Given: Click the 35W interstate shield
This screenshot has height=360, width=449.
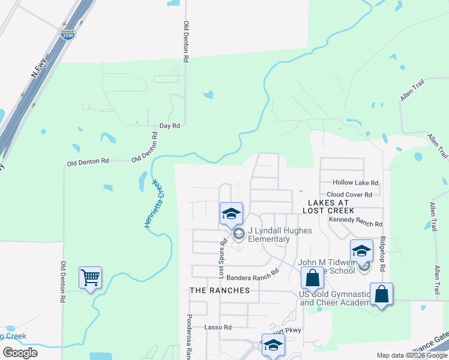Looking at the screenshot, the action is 68,35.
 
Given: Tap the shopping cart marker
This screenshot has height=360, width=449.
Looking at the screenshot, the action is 90,278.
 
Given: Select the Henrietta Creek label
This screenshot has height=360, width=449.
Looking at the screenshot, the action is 153,203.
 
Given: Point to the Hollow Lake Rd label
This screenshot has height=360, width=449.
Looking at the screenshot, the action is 357,183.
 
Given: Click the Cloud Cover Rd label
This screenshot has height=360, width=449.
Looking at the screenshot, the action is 349,195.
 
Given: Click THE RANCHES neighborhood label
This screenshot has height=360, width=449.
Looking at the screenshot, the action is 220,290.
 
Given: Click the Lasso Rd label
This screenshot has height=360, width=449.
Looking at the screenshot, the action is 218,328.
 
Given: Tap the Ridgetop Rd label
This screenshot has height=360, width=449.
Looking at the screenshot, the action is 382,253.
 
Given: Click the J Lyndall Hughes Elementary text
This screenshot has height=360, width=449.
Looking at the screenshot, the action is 268,235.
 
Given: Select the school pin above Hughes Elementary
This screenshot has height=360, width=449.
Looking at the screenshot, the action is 231,213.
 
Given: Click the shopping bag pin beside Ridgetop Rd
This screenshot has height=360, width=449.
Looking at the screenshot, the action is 381,294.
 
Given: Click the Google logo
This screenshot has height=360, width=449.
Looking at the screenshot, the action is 20,353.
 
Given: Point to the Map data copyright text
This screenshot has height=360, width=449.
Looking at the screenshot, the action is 411,355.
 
